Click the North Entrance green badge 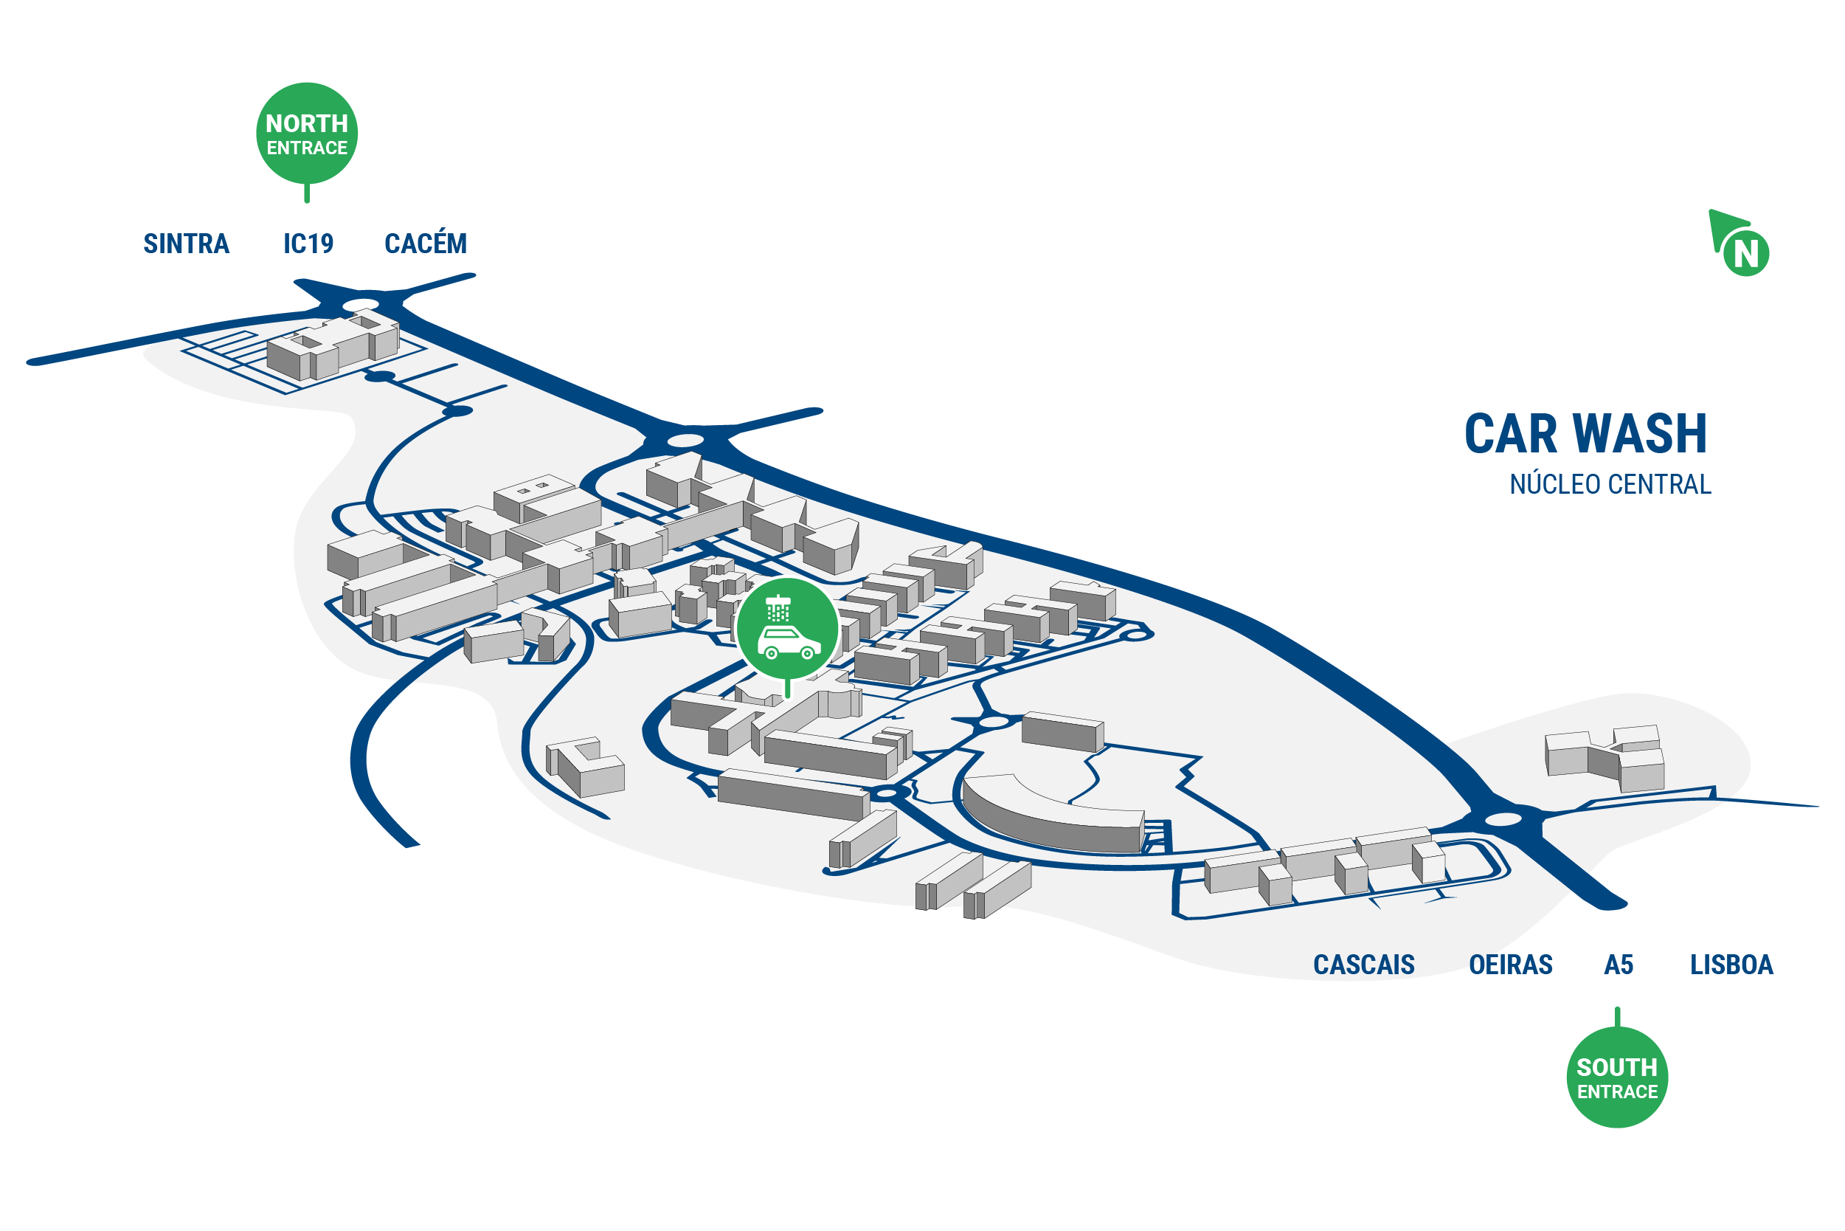[x=307, y=134]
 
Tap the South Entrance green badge [x=1616, y=1077]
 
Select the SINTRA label [x=186, y=244]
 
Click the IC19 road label [x=308, y=244]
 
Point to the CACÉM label [x=426, y=244]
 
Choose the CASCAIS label [x=1364, y=965]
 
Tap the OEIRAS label [x=1511, y=965]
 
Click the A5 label [x=1619, y=965]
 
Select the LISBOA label [x=1731, y=965]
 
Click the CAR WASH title [x=1585, y=434]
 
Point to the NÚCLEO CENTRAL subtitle [x=1610, y=484]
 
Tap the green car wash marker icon [x=788, y=629]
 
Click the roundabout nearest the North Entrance [x=361, y=305]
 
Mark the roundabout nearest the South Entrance [x=1503, y=820]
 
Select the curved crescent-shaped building [x=1051, y=816]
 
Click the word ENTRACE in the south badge [x=1617, y=1092]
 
